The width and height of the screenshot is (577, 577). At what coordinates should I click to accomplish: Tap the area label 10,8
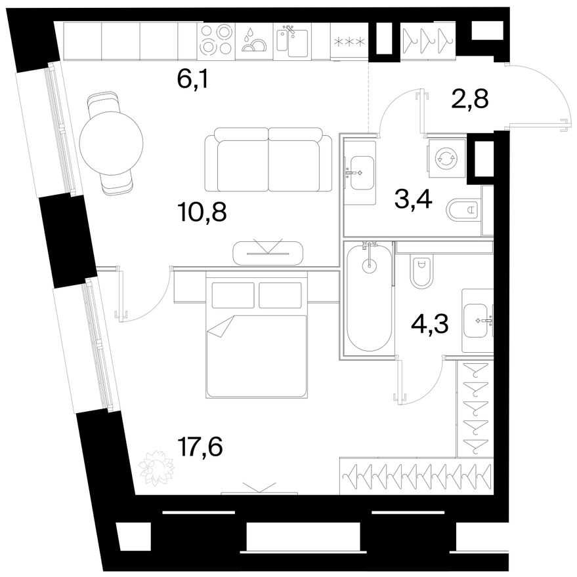tap(202, 212)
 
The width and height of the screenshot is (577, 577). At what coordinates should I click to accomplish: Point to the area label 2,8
tap(470, 99)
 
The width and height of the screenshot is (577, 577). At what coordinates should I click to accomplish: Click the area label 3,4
tap(413, 200)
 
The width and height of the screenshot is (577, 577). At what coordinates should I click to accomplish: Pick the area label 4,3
tap(429, 323)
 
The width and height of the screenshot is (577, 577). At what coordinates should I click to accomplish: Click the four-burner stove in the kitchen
tap(216, 41)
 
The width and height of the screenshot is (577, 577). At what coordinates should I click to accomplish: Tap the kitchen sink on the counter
tap(292, 41)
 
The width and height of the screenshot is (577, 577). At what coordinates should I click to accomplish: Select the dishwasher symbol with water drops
tap(254, 40)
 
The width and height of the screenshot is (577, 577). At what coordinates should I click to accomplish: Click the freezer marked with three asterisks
tap(349, 41)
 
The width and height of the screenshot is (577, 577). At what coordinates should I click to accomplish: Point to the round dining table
tap(111, 144)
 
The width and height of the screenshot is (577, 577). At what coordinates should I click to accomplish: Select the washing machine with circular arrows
tap(446, 158)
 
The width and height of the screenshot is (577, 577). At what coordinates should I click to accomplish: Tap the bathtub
tap(369, 297)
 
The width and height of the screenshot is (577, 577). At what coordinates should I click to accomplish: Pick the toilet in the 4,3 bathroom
tap(422, 272)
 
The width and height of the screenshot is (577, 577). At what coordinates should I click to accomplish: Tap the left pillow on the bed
tap(233, 295)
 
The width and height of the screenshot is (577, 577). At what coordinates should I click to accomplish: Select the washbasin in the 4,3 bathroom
tap(478, 321)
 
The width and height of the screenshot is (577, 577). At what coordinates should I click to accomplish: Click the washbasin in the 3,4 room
tap(360, 172)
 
